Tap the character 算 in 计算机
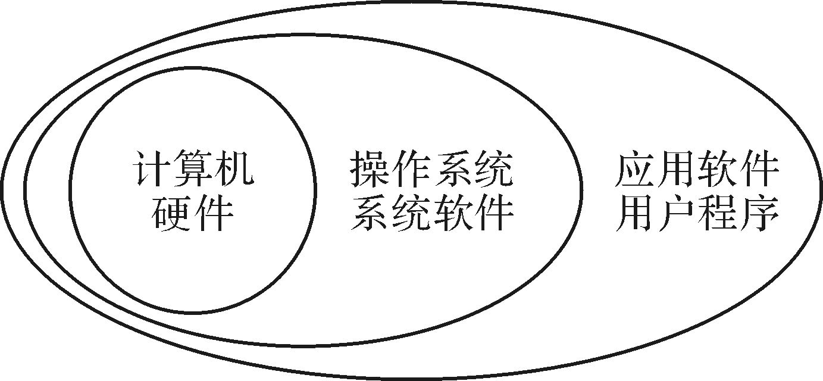pyautogui.click(x=193, y=168)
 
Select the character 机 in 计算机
pyautogui.click(x=234, y=168)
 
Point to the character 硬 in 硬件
pyautogui.click(x=171, y=213)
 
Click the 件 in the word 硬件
pyautogui.click(x=214, y=213)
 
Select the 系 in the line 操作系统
pyautogui.click(x=453, y=168)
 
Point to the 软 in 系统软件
pyautogui.click(x=453, y=213)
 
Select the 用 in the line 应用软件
pyautogui.click(x=676, y=168)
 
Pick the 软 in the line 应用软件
pyautogui.click(x=718, y=168)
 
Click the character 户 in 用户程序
pyautogui.click(x=676, y=213)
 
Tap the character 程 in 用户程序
pyautogui.click(x=718, y=213)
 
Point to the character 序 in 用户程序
pyautogui.click(x=759, y=213)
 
